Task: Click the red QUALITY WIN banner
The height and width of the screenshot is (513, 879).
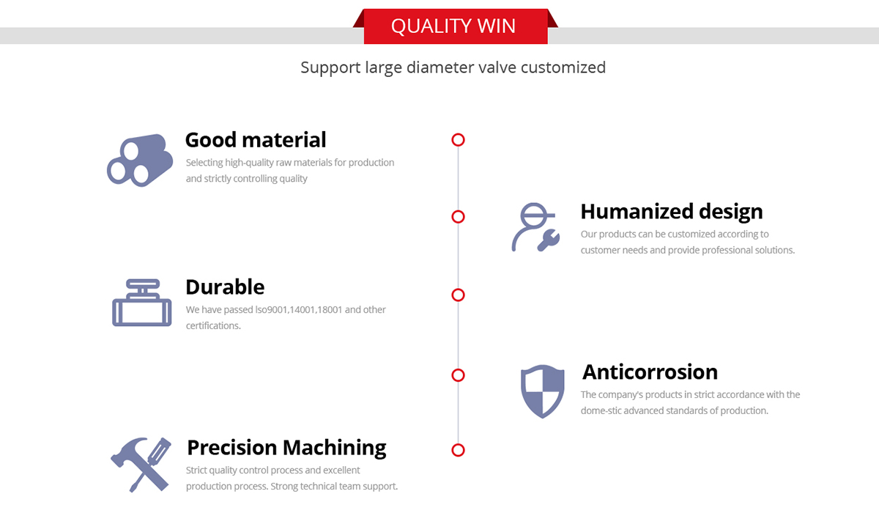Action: (456, 26)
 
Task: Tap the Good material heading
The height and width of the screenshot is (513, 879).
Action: (256, 140)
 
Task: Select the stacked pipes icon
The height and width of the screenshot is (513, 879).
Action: (140, 160)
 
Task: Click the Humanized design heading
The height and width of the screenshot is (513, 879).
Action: (672, 211)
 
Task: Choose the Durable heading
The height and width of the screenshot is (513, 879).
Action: (225, 287)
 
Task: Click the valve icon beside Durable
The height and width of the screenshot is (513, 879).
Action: (141, 303)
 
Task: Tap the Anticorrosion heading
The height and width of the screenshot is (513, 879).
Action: (650, 372)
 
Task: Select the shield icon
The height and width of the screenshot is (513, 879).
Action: (542, 391)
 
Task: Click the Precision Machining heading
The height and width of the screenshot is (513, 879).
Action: (286, 448)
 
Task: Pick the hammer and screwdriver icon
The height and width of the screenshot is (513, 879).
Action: (141, 465)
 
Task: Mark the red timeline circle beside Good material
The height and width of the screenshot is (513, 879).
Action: (458, 140)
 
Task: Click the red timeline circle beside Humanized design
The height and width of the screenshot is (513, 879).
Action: (458, 217)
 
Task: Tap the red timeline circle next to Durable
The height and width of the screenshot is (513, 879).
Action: (458, 295)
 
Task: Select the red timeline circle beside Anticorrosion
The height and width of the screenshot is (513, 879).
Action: (458, 375)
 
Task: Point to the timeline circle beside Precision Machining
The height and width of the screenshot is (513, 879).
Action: (458, 450)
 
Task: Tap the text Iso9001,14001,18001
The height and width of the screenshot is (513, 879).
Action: (299, 310)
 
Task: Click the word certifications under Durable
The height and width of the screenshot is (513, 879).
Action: (213, 326)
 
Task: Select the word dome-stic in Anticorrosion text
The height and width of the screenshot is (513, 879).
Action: (601, 410)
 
